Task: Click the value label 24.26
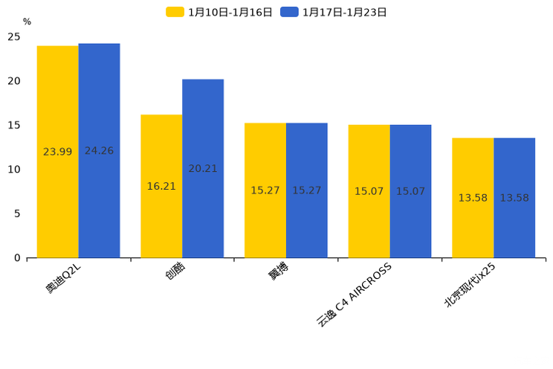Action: coord(99,151)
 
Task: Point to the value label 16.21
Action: coord(161,187)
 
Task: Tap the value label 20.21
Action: coord(203,169)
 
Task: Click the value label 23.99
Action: coord(58,152)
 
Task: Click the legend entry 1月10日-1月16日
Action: coord(220,12)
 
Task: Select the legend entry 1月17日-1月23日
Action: coord(334,12)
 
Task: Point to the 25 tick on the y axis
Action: coord(14,36)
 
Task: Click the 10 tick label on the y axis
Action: coord(14,170)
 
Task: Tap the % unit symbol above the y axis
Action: coord(27,22)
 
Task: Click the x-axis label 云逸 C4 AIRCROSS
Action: coord(354,295)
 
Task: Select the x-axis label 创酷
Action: coord(175,272)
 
